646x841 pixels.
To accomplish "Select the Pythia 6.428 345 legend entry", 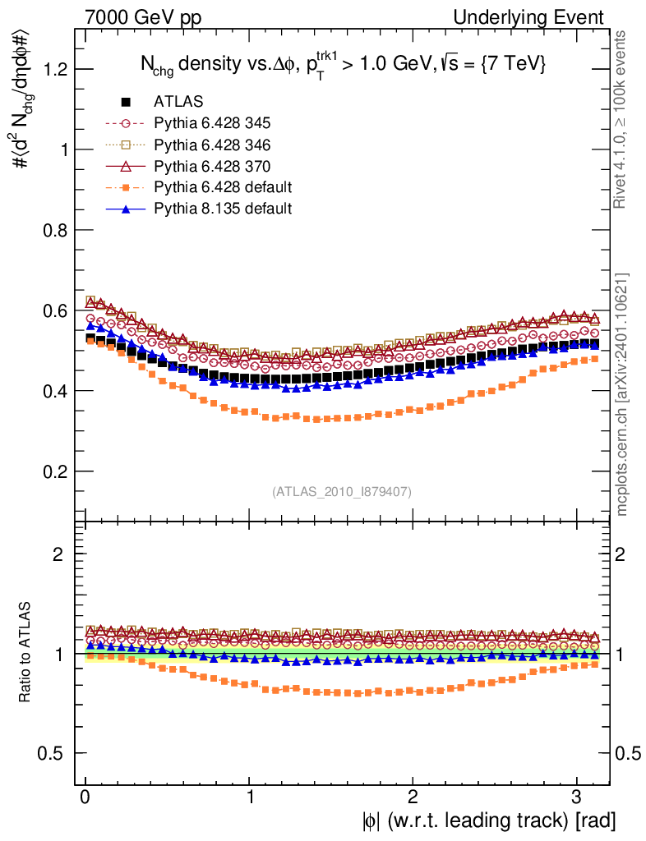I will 212,124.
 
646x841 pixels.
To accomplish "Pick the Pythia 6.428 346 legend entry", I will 212,145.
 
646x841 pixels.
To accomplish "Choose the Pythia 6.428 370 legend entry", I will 212,167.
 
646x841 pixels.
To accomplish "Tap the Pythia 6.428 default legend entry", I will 223,187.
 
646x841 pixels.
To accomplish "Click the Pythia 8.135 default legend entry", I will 223,209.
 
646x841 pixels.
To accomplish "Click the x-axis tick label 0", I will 85,796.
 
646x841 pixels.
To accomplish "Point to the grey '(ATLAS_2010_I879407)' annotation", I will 342,491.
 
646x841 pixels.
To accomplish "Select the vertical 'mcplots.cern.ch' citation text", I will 622,394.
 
